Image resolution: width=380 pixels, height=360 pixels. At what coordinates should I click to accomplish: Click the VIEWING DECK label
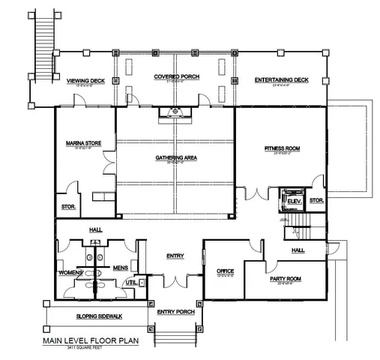click(x=85, y=80)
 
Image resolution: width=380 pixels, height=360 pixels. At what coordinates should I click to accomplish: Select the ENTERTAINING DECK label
click(x=281, y=80)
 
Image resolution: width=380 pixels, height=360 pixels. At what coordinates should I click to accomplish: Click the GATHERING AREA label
click(x=175, y=158)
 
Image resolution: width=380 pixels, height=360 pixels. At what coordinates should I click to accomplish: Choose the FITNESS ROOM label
click(x=281, y=149)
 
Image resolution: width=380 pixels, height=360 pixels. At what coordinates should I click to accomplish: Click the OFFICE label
click(x=226, y=271)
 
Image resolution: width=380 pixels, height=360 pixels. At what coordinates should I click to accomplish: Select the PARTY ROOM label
click(x=285, y=278)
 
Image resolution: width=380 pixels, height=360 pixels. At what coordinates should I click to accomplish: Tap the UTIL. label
click(x=130, y=282)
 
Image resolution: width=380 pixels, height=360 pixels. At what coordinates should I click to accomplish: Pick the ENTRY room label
click(x=175, y=256)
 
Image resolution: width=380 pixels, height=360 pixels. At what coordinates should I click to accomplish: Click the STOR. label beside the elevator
click(x=316, y=200)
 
